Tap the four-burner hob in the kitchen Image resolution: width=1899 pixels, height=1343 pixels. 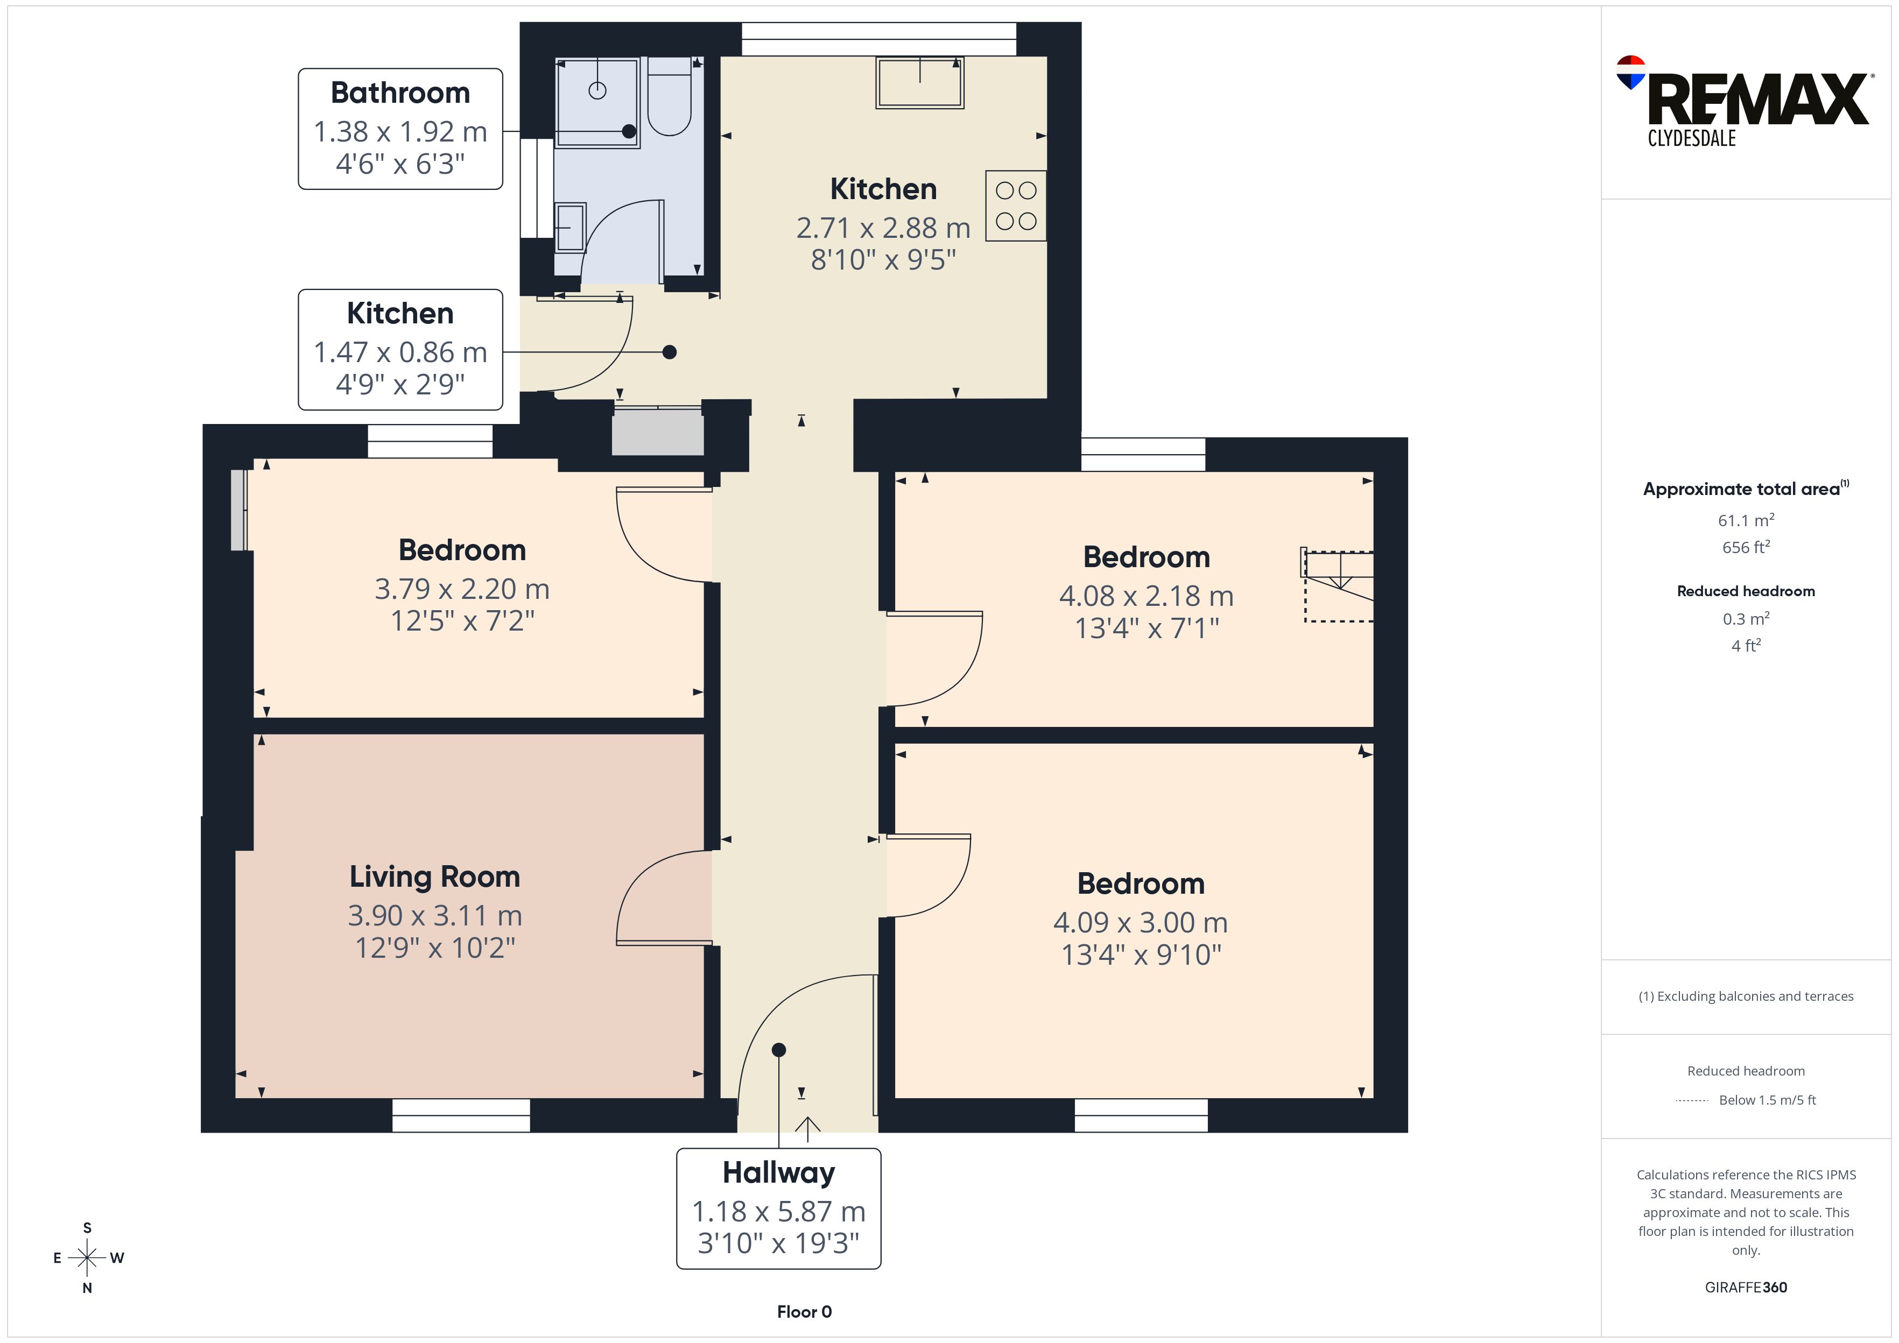click(x=1016, y=206)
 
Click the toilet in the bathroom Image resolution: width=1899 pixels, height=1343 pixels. click(x=669, y=96)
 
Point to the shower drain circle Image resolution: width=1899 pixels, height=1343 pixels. click(x=597, y=91)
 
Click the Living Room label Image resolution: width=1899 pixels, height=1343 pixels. click(x=435, y=877)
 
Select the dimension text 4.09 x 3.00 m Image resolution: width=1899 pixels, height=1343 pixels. click(x=1141, y=922)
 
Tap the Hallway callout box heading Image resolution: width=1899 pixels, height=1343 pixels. click(x=778, y=1172)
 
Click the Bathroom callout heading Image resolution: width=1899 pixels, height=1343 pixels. click(x=400, y=93)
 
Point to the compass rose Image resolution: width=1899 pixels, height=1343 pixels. click(x=87, y=1258)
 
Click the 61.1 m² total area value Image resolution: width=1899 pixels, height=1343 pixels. click(x=1746, y=520)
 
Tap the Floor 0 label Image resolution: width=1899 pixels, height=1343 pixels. click(x=804, y=1312)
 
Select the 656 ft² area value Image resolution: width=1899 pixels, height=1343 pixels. click(x=1746, y=547)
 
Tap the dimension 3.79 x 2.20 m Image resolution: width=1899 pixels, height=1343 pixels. click(x=462, y=589)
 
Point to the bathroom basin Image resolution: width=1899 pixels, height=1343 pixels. click(x=570, y=227)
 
